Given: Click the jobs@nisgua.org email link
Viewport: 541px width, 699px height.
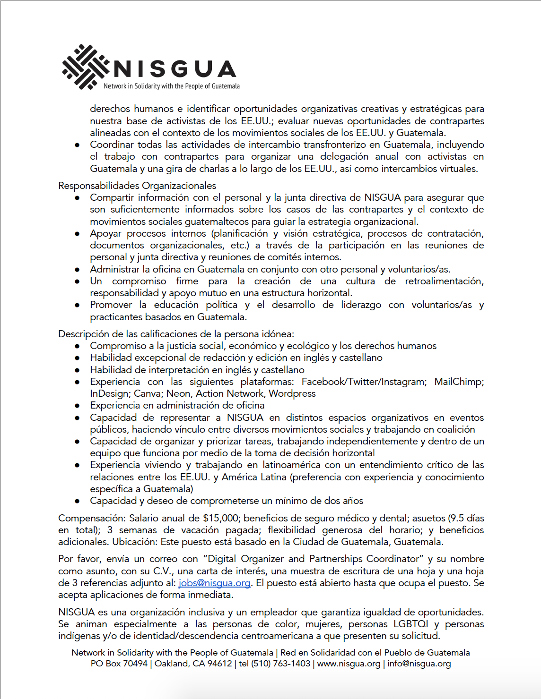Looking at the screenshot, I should [x=214, y=583].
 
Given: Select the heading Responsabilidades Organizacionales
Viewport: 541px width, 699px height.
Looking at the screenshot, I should [x=137, y=186].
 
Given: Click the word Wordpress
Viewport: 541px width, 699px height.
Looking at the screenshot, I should [x=292, y=393].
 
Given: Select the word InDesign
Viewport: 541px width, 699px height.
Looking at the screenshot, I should [x=109, y=393].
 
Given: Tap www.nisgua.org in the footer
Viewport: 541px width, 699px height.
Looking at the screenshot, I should [x=349, y=664].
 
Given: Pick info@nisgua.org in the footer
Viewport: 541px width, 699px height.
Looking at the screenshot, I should [x=419, y=664].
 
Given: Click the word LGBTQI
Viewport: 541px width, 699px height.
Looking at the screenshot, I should [x=410, y=624].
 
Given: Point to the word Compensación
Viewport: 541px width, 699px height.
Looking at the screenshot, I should [x=91, y=518].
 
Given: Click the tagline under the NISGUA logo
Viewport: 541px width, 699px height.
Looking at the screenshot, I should [x=171, y=86].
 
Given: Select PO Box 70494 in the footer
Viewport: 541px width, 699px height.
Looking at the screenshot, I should [x=119, y=664].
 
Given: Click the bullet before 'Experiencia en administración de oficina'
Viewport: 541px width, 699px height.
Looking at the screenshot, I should [x=77, y=406].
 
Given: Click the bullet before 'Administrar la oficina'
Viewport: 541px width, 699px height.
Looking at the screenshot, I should [x=77, y=270].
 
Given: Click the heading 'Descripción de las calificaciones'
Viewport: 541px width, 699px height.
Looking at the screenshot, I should [x=176, y=334].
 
